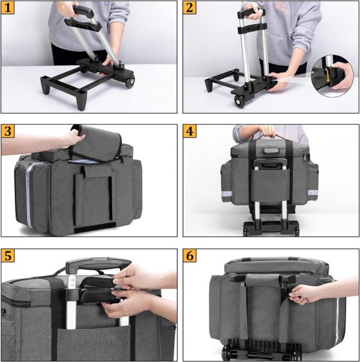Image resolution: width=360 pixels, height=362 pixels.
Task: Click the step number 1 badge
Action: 8,8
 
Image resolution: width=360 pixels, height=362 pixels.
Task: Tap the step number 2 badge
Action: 190,8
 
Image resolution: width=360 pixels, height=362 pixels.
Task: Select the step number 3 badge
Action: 8,131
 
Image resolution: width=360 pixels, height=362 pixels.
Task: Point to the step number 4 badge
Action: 190,131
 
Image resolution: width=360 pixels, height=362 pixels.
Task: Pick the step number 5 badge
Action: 8,256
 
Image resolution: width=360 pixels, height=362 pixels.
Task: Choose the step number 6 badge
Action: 190,256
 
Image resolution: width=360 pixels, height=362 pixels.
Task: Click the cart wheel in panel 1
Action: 130,82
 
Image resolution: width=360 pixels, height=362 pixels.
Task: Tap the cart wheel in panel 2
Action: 239,101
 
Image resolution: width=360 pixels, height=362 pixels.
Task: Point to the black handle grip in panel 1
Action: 83,11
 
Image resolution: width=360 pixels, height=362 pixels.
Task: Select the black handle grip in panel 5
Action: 98,264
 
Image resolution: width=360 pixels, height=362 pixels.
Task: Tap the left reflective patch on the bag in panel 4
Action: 227,193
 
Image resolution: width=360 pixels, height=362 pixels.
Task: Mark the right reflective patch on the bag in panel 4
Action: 313,193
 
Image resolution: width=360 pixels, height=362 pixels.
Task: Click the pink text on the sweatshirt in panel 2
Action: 283,8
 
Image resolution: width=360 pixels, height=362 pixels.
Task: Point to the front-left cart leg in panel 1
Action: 82,101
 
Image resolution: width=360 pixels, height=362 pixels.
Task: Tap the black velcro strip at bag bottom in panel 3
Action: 95,228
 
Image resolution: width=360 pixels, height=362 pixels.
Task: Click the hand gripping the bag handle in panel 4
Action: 267,131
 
